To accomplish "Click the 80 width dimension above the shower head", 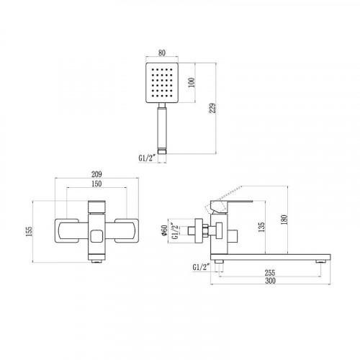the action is [162, 53].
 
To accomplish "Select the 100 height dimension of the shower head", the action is [192, 83].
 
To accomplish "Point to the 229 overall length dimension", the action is [212, 108].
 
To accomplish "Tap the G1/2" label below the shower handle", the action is [148, 158].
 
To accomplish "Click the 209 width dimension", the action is [96, 174].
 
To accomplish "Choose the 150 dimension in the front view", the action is [96, 184].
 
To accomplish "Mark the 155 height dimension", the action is [29, 231].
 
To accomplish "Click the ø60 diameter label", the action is [164, 230].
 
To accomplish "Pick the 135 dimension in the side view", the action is [261, 227].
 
